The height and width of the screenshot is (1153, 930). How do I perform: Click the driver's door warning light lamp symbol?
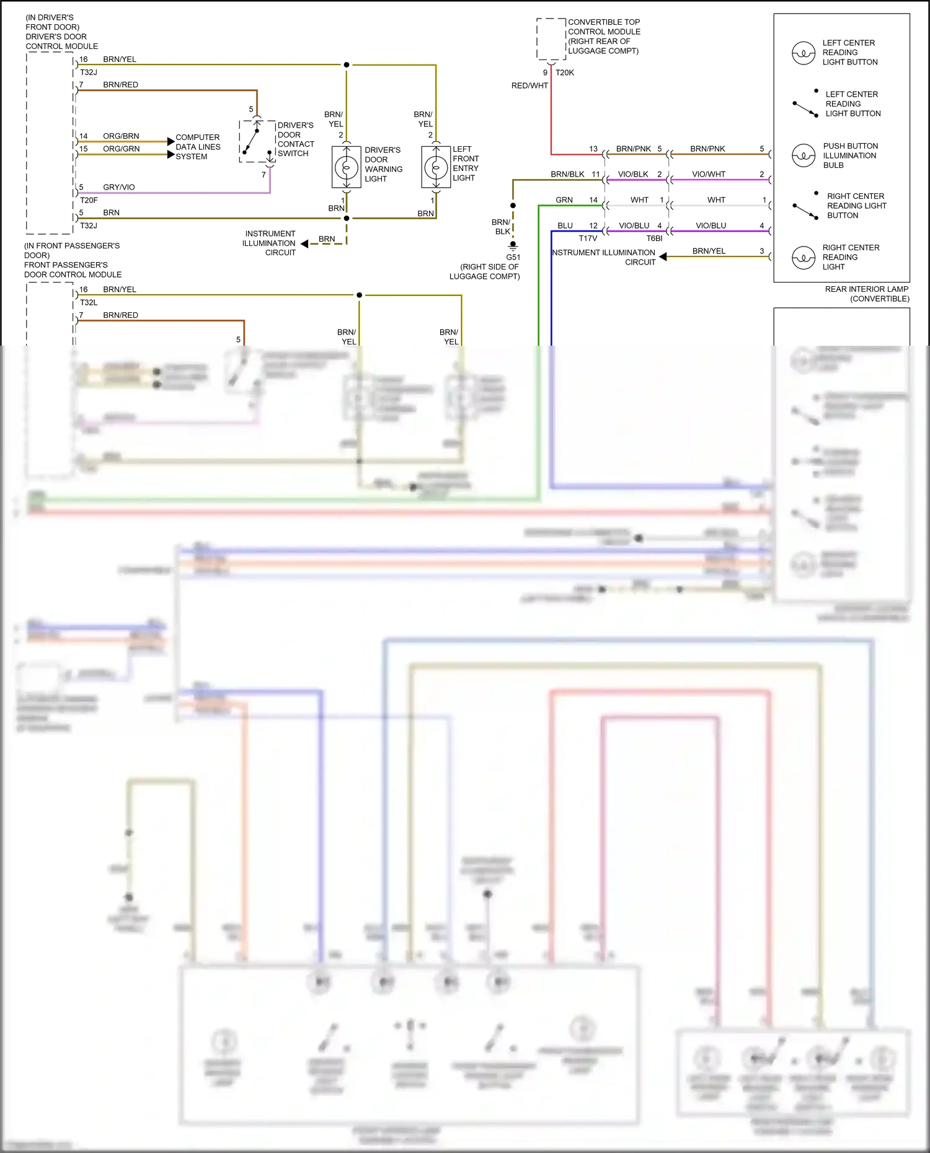pyautogui.click(x=347, y=167)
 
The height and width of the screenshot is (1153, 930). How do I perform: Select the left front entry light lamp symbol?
pyautogui.click(x=436, y=167)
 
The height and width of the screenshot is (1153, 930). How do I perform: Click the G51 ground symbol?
pyautogui.click(x=513, y=245)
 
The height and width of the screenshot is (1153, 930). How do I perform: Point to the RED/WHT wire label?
pyautogui.click(x=529, y=85)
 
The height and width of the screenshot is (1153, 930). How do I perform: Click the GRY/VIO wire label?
pyautogui.click(x=118, y=187)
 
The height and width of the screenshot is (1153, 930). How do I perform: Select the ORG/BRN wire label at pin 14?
pyautogui.click(x=121, y=136)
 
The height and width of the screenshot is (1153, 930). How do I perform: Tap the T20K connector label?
pyautogui.click(x=564, y=72)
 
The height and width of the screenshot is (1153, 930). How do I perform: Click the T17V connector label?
pyautogui.click(x=588, y=239)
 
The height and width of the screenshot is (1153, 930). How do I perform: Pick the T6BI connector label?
pyautogui.click(x=654, y=239)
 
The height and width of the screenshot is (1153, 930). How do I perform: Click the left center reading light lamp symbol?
pyautogui.click(x=803, y=53)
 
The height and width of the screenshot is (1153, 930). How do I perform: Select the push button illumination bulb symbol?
pyautogui.click(x=803, y=156)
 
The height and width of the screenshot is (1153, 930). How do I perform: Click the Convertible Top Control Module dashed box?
pyautogui.click(x=551, y=38)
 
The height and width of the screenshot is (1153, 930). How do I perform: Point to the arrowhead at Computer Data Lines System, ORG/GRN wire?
pyautogui.click(x=171, y=154)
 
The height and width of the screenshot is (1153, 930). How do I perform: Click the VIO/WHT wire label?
pyautogui.click(x=708, y=174)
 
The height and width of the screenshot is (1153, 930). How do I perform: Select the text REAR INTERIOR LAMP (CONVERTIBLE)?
pyautogui.click(x=866, y=294)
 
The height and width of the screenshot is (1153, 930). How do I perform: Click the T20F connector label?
pyautogui.click(x=89, y=200)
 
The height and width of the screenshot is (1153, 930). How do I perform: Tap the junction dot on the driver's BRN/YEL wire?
pyautogui.click(x=347, y=64)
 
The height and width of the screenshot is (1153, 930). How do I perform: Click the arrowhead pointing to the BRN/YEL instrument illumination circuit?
pyautogui.click(x=663, y=256)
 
